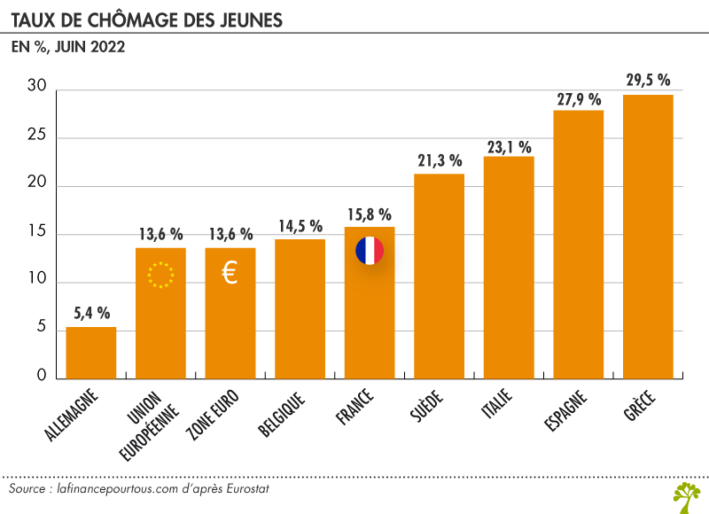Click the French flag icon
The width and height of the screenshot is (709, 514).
(x=370, y=251)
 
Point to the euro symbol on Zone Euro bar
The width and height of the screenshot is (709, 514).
(x=230, y=274)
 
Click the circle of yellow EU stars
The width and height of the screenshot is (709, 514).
(x=160, y=275)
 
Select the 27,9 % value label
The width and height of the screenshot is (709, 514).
(x=579, y=99)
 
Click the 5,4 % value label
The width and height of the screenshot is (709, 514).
(x=91, y=313)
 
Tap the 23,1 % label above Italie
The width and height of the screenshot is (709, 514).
(x=509, y=146)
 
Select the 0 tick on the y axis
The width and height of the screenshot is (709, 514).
(x=41, y=376)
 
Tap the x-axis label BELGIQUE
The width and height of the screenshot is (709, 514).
(x=284, y=412)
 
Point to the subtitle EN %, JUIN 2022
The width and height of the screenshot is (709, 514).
(x=67, y=48)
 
